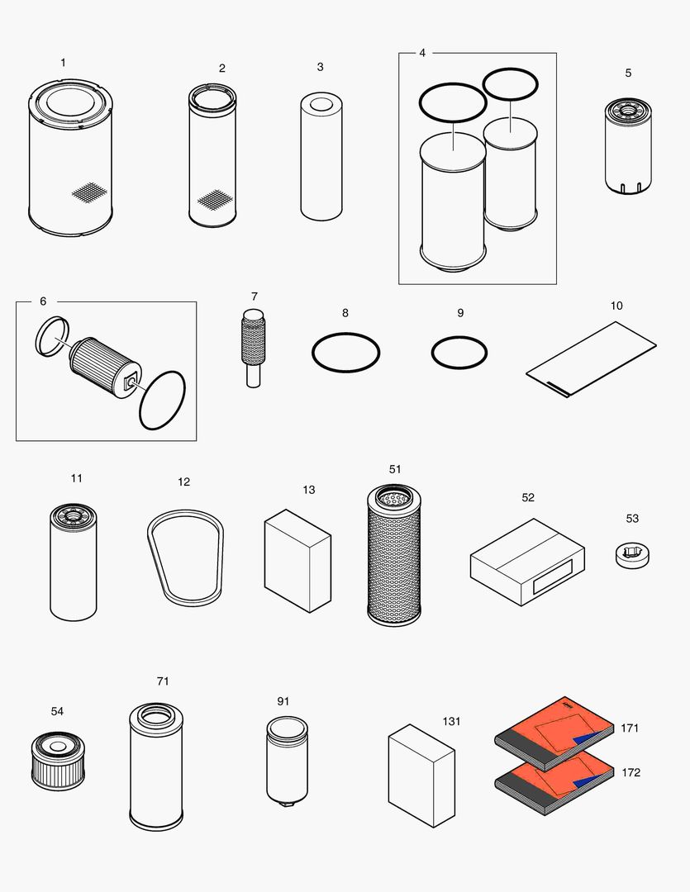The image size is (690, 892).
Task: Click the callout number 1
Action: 64,63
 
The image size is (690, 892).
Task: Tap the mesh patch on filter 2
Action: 214,199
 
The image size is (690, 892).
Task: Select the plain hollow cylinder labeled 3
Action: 321,156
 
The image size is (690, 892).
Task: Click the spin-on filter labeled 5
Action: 628,145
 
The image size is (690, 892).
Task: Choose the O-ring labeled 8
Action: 345,353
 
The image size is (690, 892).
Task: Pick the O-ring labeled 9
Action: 459,353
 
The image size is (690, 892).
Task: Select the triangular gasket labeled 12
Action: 185,558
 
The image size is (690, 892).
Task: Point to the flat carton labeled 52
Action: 527,562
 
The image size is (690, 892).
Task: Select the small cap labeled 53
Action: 632,555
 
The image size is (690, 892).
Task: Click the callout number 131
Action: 451,721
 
